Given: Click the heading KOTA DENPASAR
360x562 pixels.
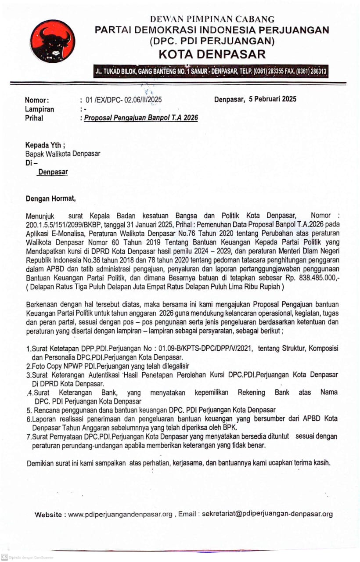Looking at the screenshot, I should [212, 54].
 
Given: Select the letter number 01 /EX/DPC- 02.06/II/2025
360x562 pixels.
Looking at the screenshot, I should [124, 101].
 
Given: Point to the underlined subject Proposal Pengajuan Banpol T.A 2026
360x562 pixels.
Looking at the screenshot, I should [141, 118].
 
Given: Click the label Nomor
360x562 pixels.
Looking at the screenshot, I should [37, 101].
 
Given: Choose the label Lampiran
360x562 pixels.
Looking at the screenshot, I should [40, 109].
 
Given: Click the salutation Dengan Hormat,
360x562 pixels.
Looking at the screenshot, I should [50, 198].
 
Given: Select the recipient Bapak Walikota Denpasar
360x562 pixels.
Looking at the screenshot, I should [63, 154].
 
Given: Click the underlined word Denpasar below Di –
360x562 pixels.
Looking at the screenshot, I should [53, 172].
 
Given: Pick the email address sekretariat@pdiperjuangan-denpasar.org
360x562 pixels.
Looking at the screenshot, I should [267, 514].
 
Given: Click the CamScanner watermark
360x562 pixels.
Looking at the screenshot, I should [27, 557].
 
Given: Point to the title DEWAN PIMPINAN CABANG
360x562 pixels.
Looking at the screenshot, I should [212, 19].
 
